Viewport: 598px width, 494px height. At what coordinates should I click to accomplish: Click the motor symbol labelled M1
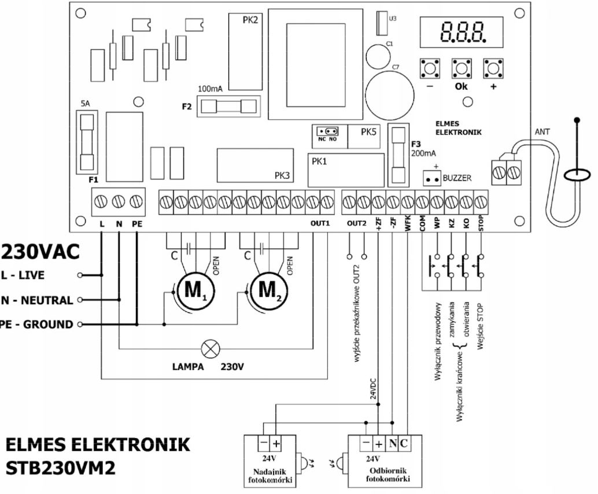[x=191, y=287]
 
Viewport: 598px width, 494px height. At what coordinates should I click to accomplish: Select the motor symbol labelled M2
[x=267, y=287]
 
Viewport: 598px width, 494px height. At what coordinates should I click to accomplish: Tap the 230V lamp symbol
[x=208, y=349]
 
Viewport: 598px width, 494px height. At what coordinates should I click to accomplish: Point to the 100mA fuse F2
[x=228, y=106]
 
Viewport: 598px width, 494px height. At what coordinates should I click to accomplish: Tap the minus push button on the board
[x=429, y=68]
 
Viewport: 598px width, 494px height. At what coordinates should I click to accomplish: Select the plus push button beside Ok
[x=493, y=68]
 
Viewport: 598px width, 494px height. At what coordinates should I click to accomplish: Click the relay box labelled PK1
[x=345, y=169]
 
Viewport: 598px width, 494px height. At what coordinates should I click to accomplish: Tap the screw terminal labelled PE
[x=136, y=202]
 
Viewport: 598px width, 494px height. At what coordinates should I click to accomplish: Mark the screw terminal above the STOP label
[x=481, y=202]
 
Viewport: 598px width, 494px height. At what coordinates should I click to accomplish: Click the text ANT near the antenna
[x=542, y=132]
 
